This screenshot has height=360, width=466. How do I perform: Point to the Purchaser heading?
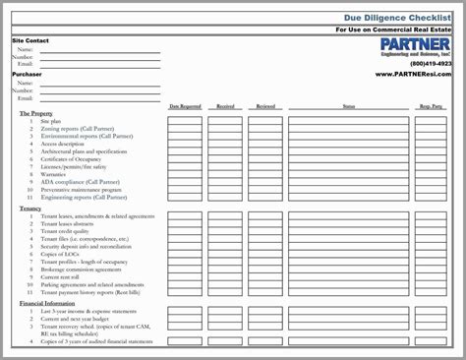pos(27,74)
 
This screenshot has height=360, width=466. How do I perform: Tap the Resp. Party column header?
pos(433,105)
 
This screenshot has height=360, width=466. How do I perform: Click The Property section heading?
pos(37,114)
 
